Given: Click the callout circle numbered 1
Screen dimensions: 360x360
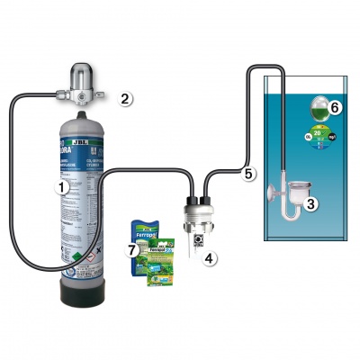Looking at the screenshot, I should (61, 187).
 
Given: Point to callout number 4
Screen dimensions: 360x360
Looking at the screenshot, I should (210, 258).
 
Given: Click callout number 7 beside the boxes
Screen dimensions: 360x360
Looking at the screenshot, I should (130, 248).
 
